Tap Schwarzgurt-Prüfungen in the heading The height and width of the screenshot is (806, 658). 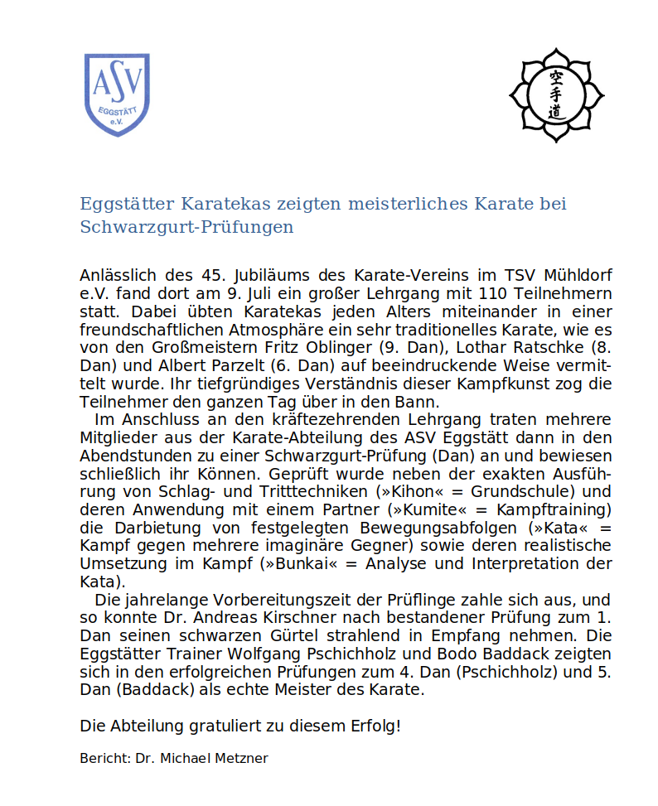click(x=186, y=227)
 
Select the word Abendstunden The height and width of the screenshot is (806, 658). click(x=126, y=456)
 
